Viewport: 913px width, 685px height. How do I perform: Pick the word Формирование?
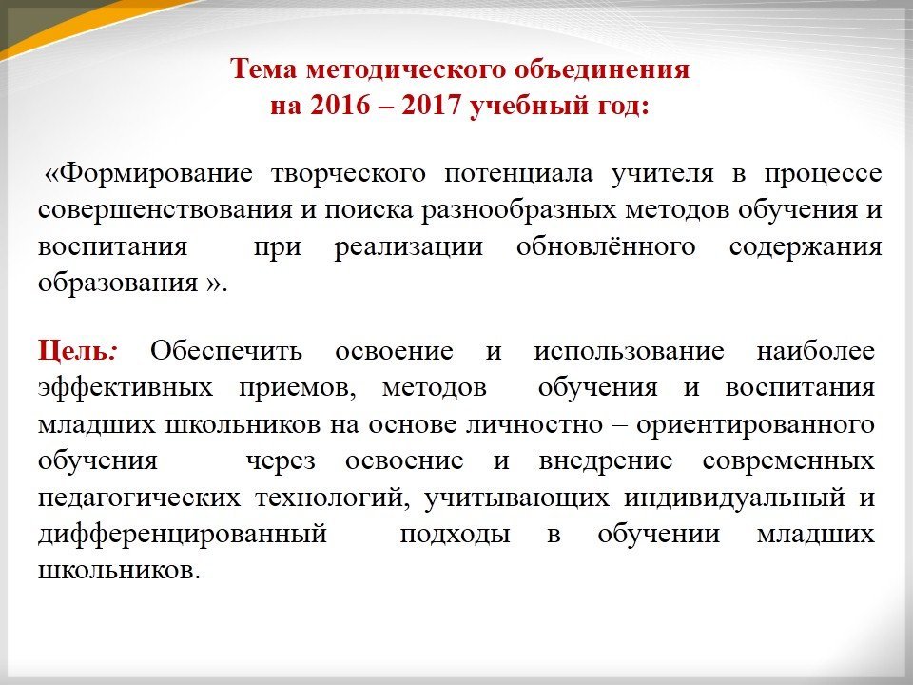[155, 174]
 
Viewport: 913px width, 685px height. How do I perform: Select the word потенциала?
[518, 174]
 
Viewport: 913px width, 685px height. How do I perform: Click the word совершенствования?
[165, 210]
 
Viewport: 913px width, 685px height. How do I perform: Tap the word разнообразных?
[518, 210]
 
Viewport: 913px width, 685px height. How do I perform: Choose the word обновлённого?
[606, 247]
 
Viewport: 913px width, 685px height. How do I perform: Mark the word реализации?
[408, 247]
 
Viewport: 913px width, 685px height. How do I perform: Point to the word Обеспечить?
[226, 351]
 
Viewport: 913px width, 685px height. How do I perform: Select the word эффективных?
[126, 387]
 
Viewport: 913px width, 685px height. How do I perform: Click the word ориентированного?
[755, 424]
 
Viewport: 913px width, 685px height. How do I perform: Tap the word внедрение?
[606, 460]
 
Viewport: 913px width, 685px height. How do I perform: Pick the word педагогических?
[139, 498]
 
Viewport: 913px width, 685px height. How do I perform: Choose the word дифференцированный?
[183, 534]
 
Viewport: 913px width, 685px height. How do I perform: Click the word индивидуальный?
[734, 498]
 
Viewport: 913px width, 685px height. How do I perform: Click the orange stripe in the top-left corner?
[87, 23]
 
